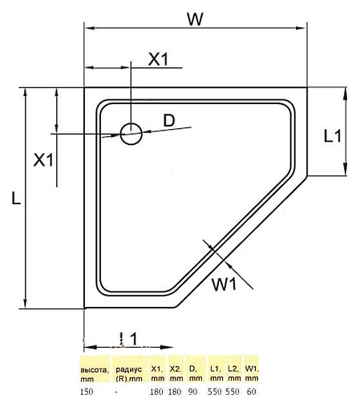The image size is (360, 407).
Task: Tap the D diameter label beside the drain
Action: click(x=168, y=120)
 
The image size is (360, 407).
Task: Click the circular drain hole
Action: click(x=131, y=133)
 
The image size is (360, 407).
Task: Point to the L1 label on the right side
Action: click(x=333, y=135)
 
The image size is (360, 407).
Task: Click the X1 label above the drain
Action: click(x=159, y=58)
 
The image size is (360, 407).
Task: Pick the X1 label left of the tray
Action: click(x=43, y=159)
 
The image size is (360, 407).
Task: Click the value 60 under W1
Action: click(x=252, y=393)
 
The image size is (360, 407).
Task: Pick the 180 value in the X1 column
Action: click(x=157, y=393)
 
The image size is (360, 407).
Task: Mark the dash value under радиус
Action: click(x=118, y=393)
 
